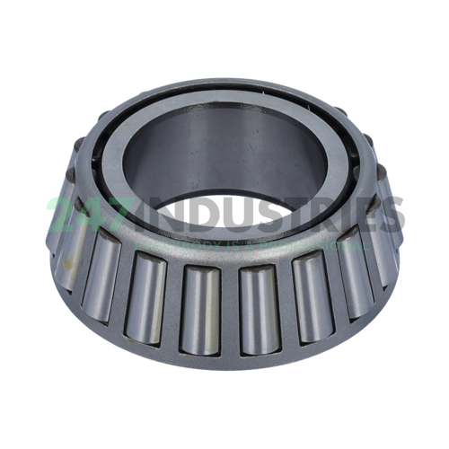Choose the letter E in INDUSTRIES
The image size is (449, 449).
tap(363, 216)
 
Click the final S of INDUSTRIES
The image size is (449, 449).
tap(390, 216)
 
